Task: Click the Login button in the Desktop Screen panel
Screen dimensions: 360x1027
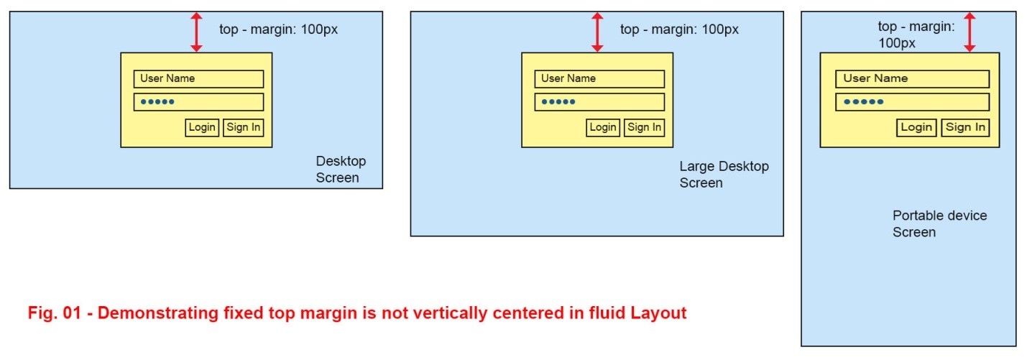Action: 202,128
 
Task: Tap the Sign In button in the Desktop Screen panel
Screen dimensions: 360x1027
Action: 244,128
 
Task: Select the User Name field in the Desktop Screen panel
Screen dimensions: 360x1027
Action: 198,79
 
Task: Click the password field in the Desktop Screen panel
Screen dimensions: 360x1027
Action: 198,102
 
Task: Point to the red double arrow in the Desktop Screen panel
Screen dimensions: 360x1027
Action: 197,32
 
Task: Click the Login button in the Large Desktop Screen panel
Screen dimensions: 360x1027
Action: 603,128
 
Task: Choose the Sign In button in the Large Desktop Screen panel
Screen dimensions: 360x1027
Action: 645,128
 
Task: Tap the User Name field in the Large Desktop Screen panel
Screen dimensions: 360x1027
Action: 599,79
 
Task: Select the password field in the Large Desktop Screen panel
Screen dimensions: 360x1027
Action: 599,102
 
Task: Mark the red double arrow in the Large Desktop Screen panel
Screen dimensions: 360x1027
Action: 597,32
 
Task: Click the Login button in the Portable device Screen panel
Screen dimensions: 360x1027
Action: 916,128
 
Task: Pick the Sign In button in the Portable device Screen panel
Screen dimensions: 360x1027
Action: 966,128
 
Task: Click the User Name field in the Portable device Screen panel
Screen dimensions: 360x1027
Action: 912,79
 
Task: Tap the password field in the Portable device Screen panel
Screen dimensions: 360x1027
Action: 912,102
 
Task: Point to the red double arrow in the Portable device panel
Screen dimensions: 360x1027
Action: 970,32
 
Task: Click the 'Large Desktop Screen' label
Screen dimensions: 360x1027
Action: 724,175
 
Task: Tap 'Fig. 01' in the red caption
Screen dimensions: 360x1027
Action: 52,313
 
